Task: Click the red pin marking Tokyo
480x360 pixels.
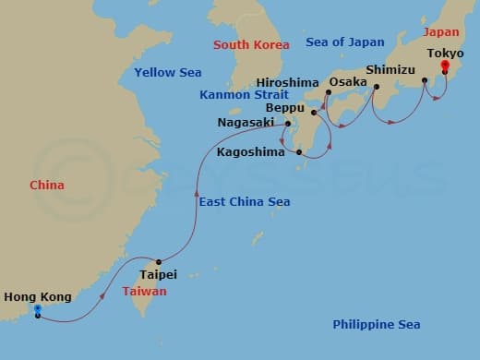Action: (445, 67)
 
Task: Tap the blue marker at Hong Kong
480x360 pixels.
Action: (37, 310)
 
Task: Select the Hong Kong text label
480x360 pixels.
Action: (38, 296)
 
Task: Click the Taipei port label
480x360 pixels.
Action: (158, 274)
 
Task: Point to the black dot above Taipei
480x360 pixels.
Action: (159, 261)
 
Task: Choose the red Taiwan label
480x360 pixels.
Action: (145, 291)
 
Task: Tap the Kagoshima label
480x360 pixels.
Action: (251, 151)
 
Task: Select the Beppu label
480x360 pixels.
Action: (286, 107)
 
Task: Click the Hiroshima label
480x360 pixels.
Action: (289, 81)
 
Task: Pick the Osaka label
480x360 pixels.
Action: (348, 81)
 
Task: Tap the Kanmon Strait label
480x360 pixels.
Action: (240, 95)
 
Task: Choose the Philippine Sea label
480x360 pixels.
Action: (377, 324)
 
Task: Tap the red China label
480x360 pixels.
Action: (47, 186)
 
